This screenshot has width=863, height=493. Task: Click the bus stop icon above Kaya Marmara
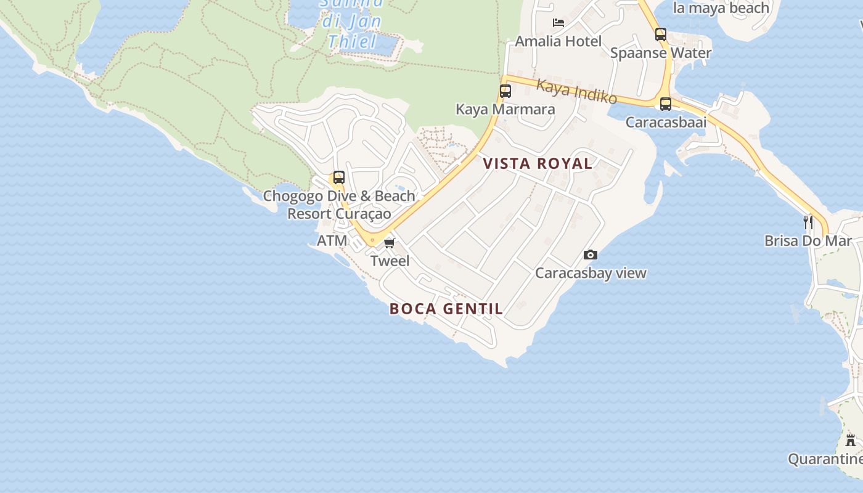tap(505, 91)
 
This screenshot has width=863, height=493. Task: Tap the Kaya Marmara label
tap(505, 109)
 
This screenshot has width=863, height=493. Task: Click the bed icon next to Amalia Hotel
tap(558, 23)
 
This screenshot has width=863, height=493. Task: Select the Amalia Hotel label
tap(558, 41)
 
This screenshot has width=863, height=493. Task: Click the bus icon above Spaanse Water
tap(661, 35)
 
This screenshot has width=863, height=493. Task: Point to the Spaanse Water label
tap(661, 53)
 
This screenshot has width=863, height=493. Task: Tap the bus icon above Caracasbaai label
tap(666, 104)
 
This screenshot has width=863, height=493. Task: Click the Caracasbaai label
tap(666, 122)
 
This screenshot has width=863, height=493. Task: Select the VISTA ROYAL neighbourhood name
tap(538, 163)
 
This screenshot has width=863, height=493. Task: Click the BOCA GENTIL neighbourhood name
tap(446, 309)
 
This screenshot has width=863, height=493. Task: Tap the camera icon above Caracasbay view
tap(591, 255)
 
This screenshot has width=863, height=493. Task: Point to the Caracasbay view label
tap(591, 273)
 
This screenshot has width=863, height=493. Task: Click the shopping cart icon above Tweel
tap(389, 243)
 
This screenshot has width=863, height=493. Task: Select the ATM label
tap(332, 241)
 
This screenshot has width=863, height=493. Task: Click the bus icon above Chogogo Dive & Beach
tap(339, 177)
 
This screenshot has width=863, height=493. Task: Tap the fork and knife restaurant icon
tap(808, 222)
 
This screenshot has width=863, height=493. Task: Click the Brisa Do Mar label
tap(808, 241)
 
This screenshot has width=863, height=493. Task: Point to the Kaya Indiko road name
tap(576, 91)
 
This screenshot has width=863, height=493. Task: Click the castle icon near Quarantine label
tap(851, 440)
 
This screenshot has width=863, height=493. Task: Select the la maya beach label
tap(721, 8)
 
